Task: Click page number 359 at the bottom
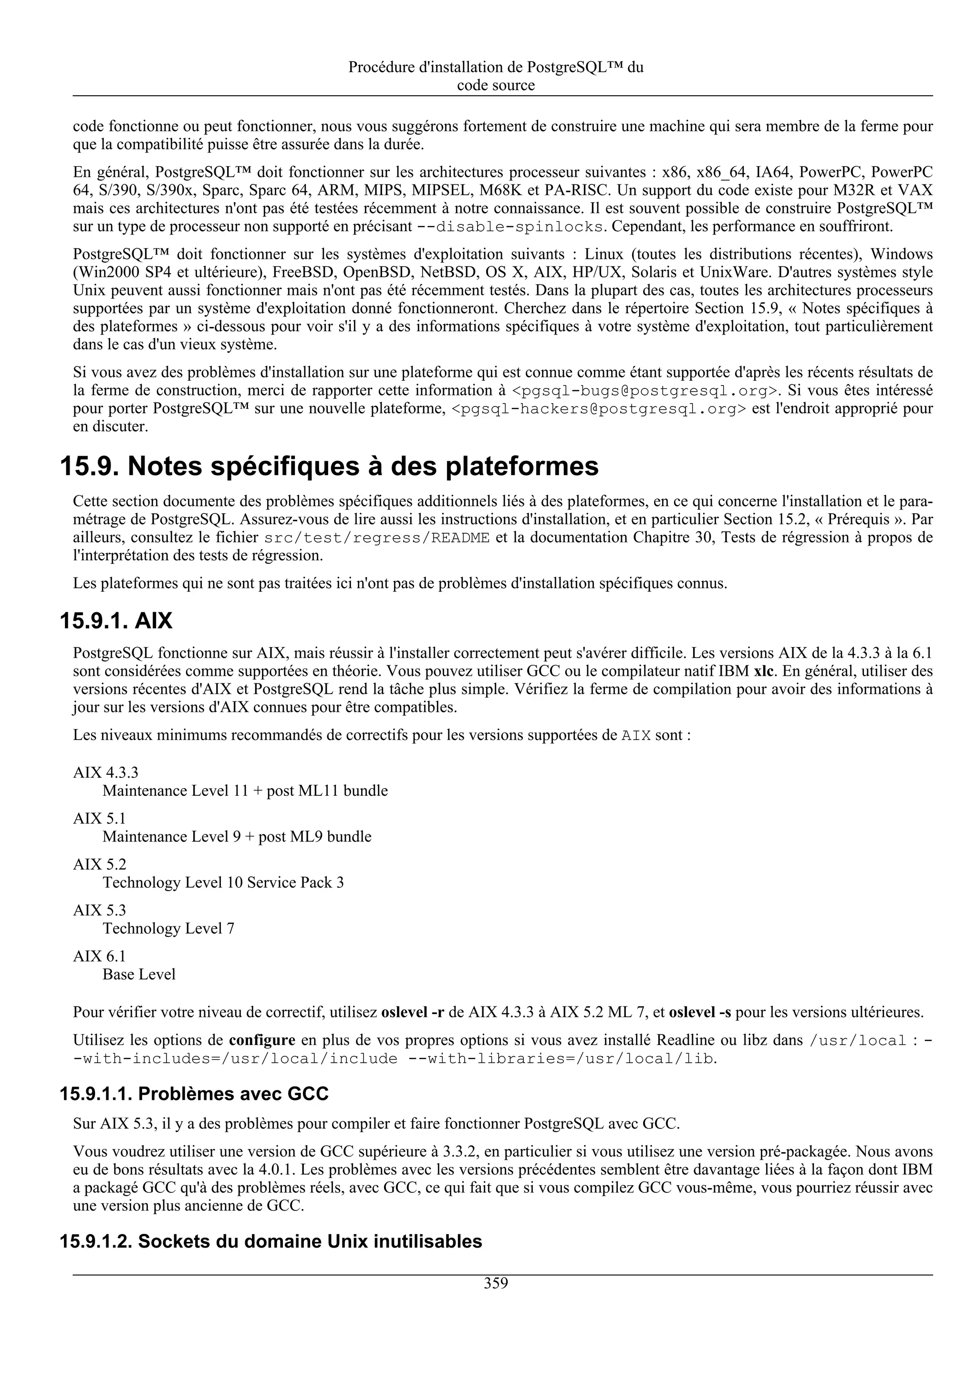pos(496,1283)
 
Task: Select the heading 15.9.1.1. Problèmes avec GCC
pos(194,1093)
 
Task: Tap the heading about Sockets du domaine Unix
pos(271,1241)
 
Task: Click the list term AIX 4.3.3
pos(105,772)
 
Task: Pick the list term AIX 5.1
pos(99,818)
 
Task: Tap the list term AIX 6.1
pos(99,956)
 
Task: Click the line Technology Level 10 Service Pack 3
pos(223,883)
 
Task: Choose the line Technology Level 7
pos(168,928)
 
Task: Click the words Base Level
pos(139,974)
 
